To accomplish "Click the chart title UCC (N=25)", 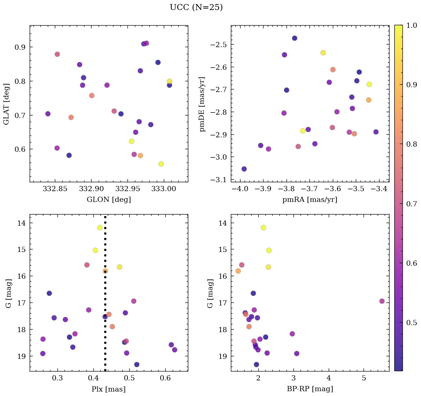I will tap(196, 7).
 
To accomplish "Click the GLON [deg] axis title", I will tap(109, 200).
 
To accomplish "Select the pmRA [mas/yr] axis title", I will tap(309, 200).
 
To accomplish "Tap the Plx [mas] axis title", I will tap(109, 389).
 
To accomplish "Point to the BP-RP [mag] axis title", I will tap(309, 389).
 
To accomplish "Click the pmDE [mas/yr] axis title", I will tap(202, 104).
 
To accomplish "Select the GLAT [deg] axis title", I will tap(6, 104).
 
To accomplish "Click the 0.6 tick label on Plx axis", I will tap(165, 379).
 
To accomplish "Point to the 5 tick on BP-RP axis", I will tap(364, 379).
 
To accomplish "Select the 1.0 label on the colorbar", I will tap(412, 25).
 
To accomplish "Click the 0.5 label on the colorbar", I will tap(412, 322).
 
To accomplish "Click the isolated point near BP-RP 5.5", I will tap(382, 301).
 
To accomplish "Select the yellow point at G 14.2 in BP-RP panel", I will tap(263, 228).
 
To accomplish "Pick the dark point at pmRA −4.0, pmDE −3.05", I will tap(244, 169).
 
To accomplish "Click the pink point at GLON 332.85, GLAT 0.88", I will tap(57, 54).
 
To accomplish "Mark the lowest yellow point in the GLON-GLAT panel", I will tap(161, 164).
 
